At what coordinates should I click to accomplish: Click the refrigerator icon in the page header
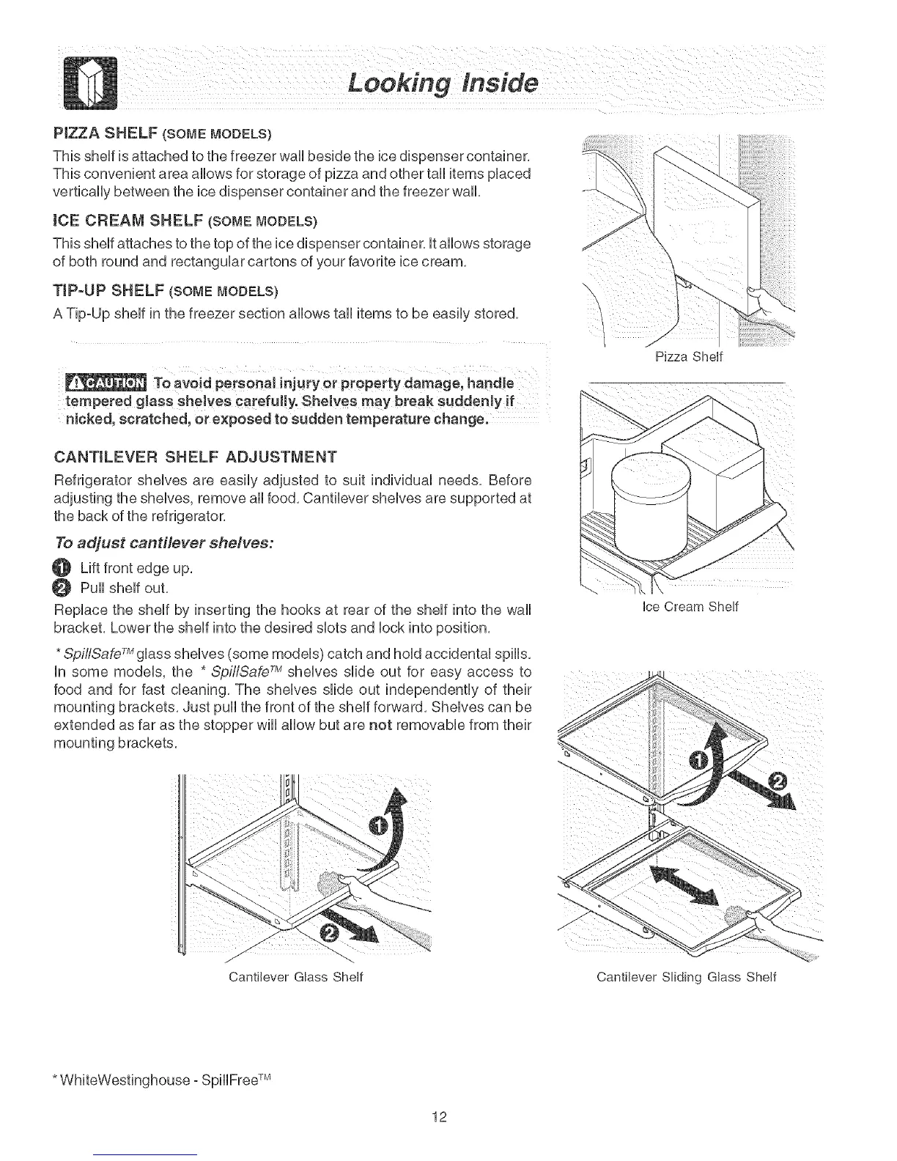pos(91,83)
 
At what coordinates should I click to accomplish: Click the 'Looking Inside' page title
pos(443,83)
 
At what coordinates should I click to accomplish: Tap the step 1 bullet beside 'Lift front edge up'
pos(63,568)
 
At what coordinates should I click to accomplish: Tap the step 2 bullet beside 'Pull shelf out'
pos(63,587)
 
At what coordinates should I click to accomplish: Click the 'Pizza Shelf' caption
pos(688,357)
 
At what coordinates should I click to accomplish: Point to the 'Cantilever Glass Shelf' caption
pos(296,977)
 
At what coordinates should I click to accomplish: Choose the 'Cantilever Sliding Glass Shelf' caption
pos(686,977)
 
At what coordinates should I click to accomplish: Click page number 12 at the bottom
pos(439,1117)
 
